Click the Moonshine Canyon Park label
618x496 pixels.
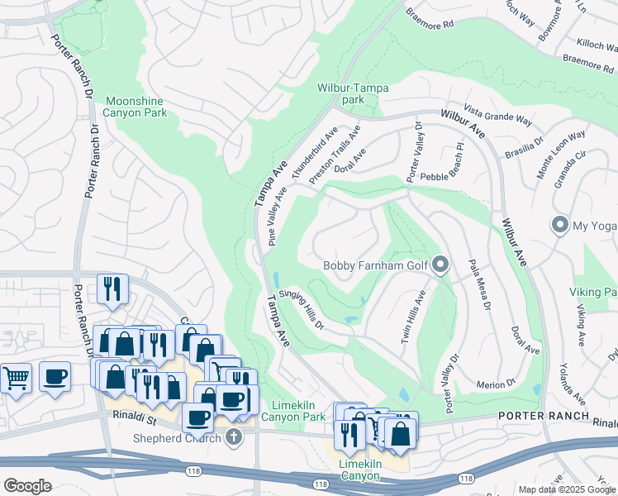click(x=134, y=107)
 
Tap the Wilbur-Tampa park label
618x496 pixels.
click(x=353, y=93)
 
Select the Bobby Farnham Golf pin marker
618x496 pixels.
click(x=440, y=265)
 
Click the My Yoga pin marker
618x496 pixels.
click(x=560, y=225)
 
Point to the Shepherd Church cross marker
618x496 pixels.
click(x=234, y=437)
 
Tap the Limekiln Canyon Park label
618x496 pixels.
click(x=299, y=411)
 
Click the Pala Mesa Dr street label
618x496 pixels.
click(x=479, y=284)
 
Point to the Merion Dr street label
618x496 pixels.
click(x=497, y=383)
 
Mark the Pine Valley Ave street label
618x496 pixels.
click(x=278, y=217)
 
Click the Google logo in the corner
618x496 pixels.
click(x=27, y=485)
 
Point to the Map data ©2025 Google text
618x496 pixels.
click(x=567, y=489)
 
